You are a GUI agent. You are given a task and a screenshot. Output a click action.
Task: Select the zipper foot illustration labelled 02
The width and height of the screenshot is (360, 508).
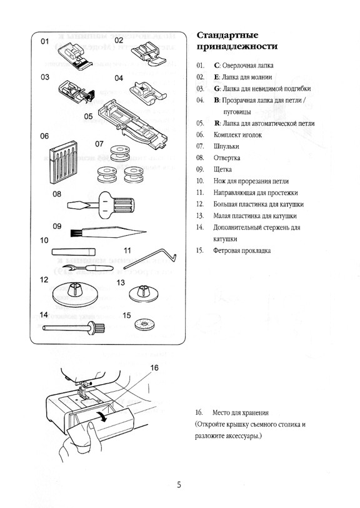click(148, 53)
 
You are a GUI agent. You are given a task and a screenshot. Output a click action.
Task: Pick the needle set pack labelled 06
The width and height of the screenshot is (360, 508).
click(64, 162)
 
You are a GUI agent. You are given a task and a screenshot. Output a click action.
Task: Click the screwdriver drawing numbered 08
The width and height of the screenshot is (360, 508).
click(101, 204)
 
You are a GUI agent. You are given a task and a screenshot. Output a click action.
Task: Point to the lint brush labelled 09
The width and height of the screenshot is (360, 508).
click(108, 232)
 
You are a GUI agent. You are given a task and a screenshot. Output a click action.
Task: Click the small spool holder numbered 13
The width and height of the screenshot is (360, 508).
click(144, 293)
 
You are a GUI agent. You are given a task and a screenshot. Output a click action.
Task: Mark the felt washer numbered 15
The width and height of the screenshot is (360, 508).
click(144, 324)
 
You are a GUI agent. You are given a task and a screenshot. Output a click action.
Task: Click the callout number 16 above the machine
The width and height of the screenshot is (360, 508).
click(155, 368)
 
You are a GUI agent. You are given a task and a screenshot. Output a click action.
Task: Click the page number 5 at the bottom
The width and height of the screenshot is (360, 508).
click(179, 485)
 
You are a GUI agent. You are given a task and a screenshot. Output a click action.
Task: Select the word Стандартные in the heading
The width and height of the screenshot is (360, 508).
click(227, 34)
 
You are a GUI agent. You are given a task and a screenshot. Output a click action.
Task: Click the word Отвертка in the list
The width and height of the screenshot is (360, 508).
click(227, 158)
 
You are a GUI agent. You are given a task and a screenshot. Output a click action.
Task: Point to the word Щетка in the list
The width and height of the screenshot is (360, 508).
click(222, 170)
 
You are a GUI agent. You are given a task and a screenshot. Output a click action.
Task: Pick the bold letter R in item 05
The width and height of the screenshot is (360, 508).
click(217, 123)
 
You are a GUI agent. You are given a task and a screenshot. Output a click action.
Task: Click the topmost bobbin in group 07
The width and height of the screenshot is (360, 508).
click(120, 153)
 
